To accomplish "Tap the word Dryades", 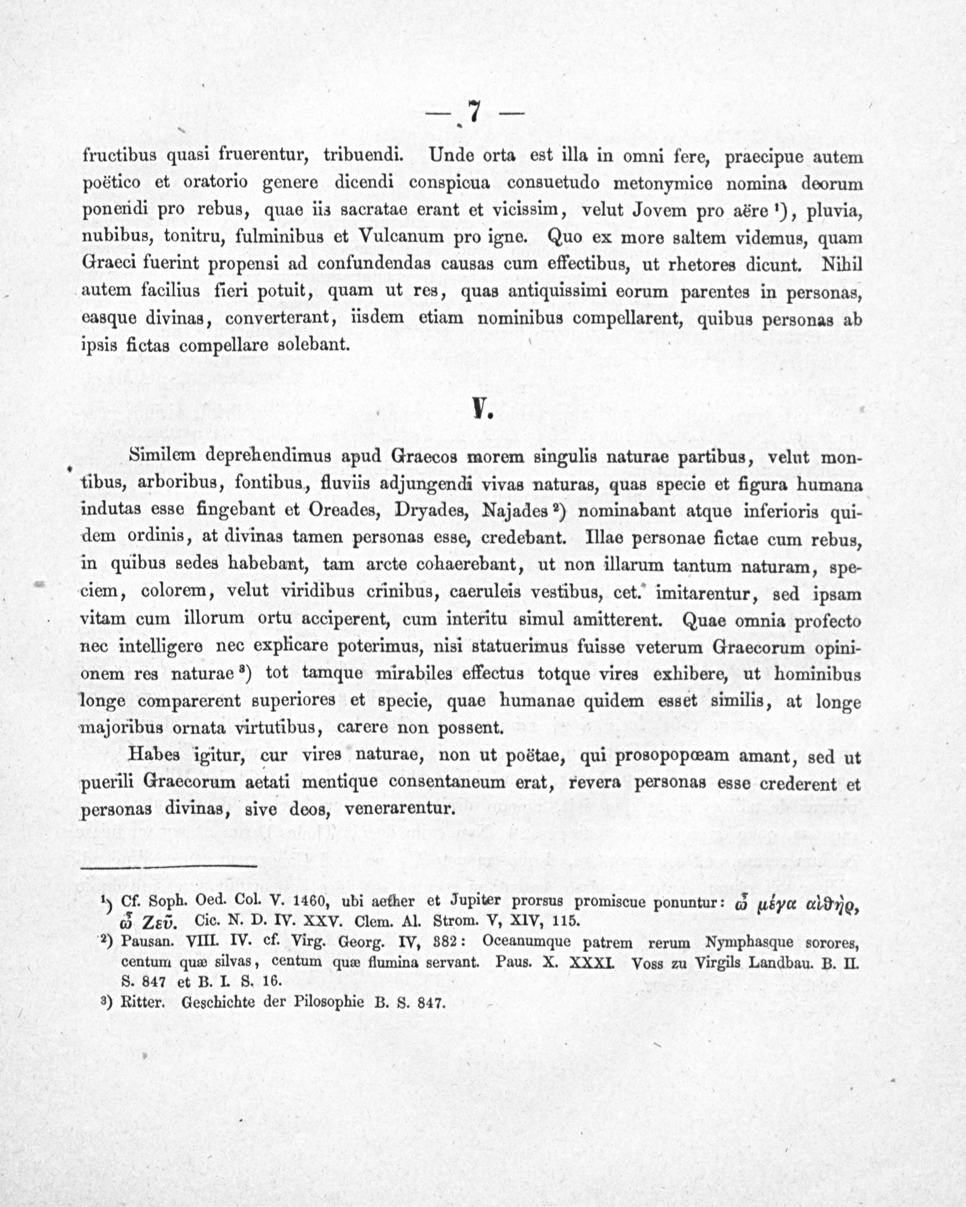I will coord(432,511).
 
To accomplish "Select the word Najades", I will coord(514,511).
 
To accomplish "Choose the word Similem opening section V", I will coord(162,456).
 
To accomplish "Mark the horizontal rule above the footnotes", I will coord(168,867).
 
